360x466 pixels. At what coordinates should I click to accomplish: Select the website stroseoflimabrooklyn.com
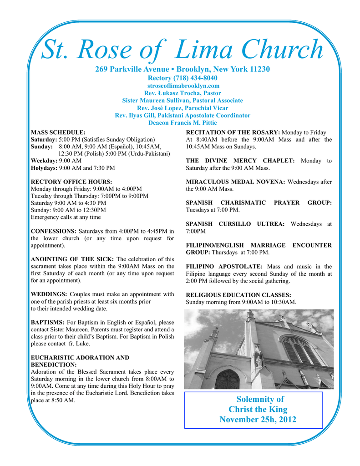click(x=183, y=86)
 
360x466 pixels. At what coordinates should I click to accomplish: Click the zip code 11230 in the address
click(x=259, y=69)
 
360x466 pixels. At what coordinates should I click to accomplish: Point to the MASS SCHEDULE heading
click(x=58, y=132)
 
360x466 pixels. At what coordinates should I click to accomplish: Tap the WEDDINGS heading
click(x=49, y=294)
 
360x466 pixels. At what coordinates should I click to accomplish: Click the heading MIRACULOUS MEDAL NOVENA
click(x=235, y=182)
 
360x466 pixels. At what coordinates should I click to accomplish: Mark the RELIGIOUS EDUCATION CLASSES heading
click(x=238, y=295)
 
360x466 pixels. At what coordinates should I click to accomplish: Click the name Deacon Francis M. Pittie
click(x=183, y=122)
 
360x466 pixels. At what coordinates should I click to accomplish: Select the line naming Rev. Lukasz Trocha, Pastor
click(x=183, y=93)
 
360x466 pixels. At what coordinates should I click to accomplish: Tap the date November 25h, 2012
click(x=258, y=419)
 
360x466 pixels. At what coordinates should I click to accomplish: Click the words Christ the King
click(x=258, y=409)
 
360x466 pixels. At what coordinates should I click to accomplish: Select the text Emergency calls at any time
click(x=66, y=217)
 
